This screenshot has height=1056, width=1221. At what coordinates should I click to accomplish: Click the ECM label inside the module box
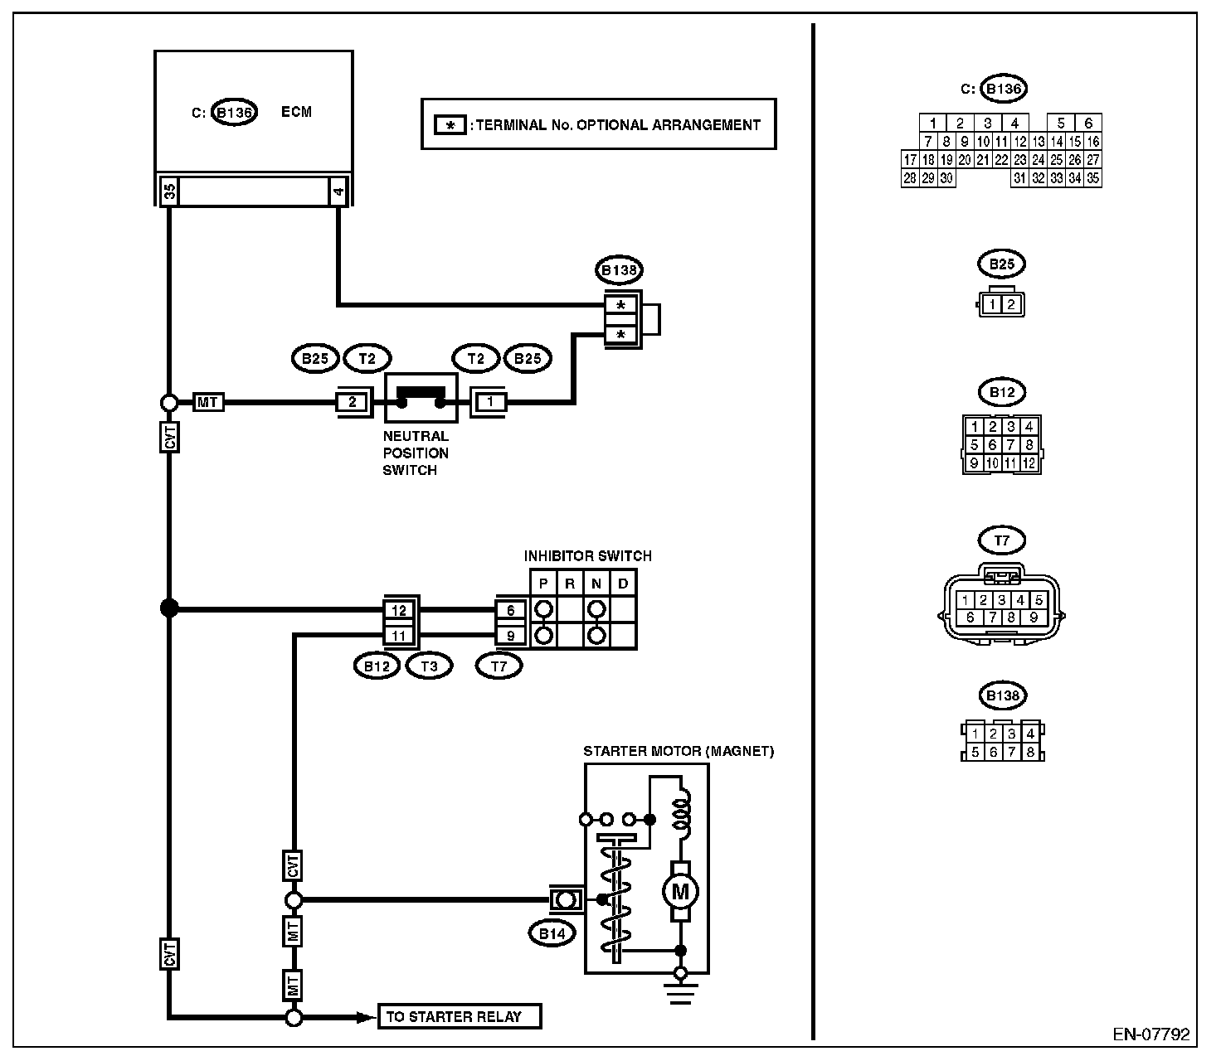296,112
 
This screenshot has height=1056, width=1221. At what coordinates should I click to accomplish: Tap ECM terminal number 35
169,191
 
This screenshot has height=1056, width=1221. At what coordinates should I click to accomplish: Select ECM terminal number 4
338,191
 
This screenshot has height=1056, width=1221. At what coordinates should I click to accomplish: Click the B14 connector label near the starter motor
552,933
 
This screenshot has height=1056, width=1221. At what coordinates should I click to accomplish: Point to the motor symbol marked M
680,891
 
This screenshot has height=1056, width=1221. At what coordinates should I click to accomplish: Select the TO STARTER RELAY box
459,1016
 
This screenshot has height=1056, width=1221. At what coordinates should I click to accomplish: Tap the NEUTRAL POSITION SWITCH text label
416,453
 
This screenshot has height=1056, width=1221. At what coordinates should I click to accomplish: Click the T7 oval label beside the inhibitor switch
499,666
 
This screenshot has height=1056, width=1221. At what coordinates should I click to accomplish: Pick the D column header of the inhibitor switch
623,584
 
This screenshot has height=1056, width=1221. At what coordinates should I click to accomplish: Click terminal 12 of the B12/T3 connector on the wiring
399,610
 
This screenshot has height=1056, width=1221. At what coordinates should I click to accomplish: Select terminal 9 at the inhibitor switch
510,636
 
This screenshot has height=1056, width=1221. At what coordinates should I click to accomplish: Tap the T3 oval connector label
429,666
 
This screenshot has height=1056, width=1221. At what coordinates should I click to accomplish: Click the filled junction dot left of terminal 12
169,608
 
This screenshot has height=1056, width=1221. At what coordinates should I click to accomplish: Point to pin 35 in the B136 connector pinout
1092,178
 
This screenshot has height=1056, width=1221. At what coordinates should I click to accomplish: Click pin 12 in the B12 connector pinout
1029,463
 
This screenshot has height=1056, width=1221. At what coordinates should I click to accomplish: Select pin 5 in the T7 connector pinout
1039,600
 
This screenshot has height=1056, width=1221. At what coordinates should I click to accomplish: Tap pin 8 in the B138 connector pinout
1030,752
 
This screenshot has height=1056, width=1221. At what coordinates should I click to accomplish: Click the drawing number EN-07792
1151,1034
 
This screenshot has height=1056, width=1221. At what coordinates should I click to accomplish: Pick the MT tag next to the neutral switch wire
207,403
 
